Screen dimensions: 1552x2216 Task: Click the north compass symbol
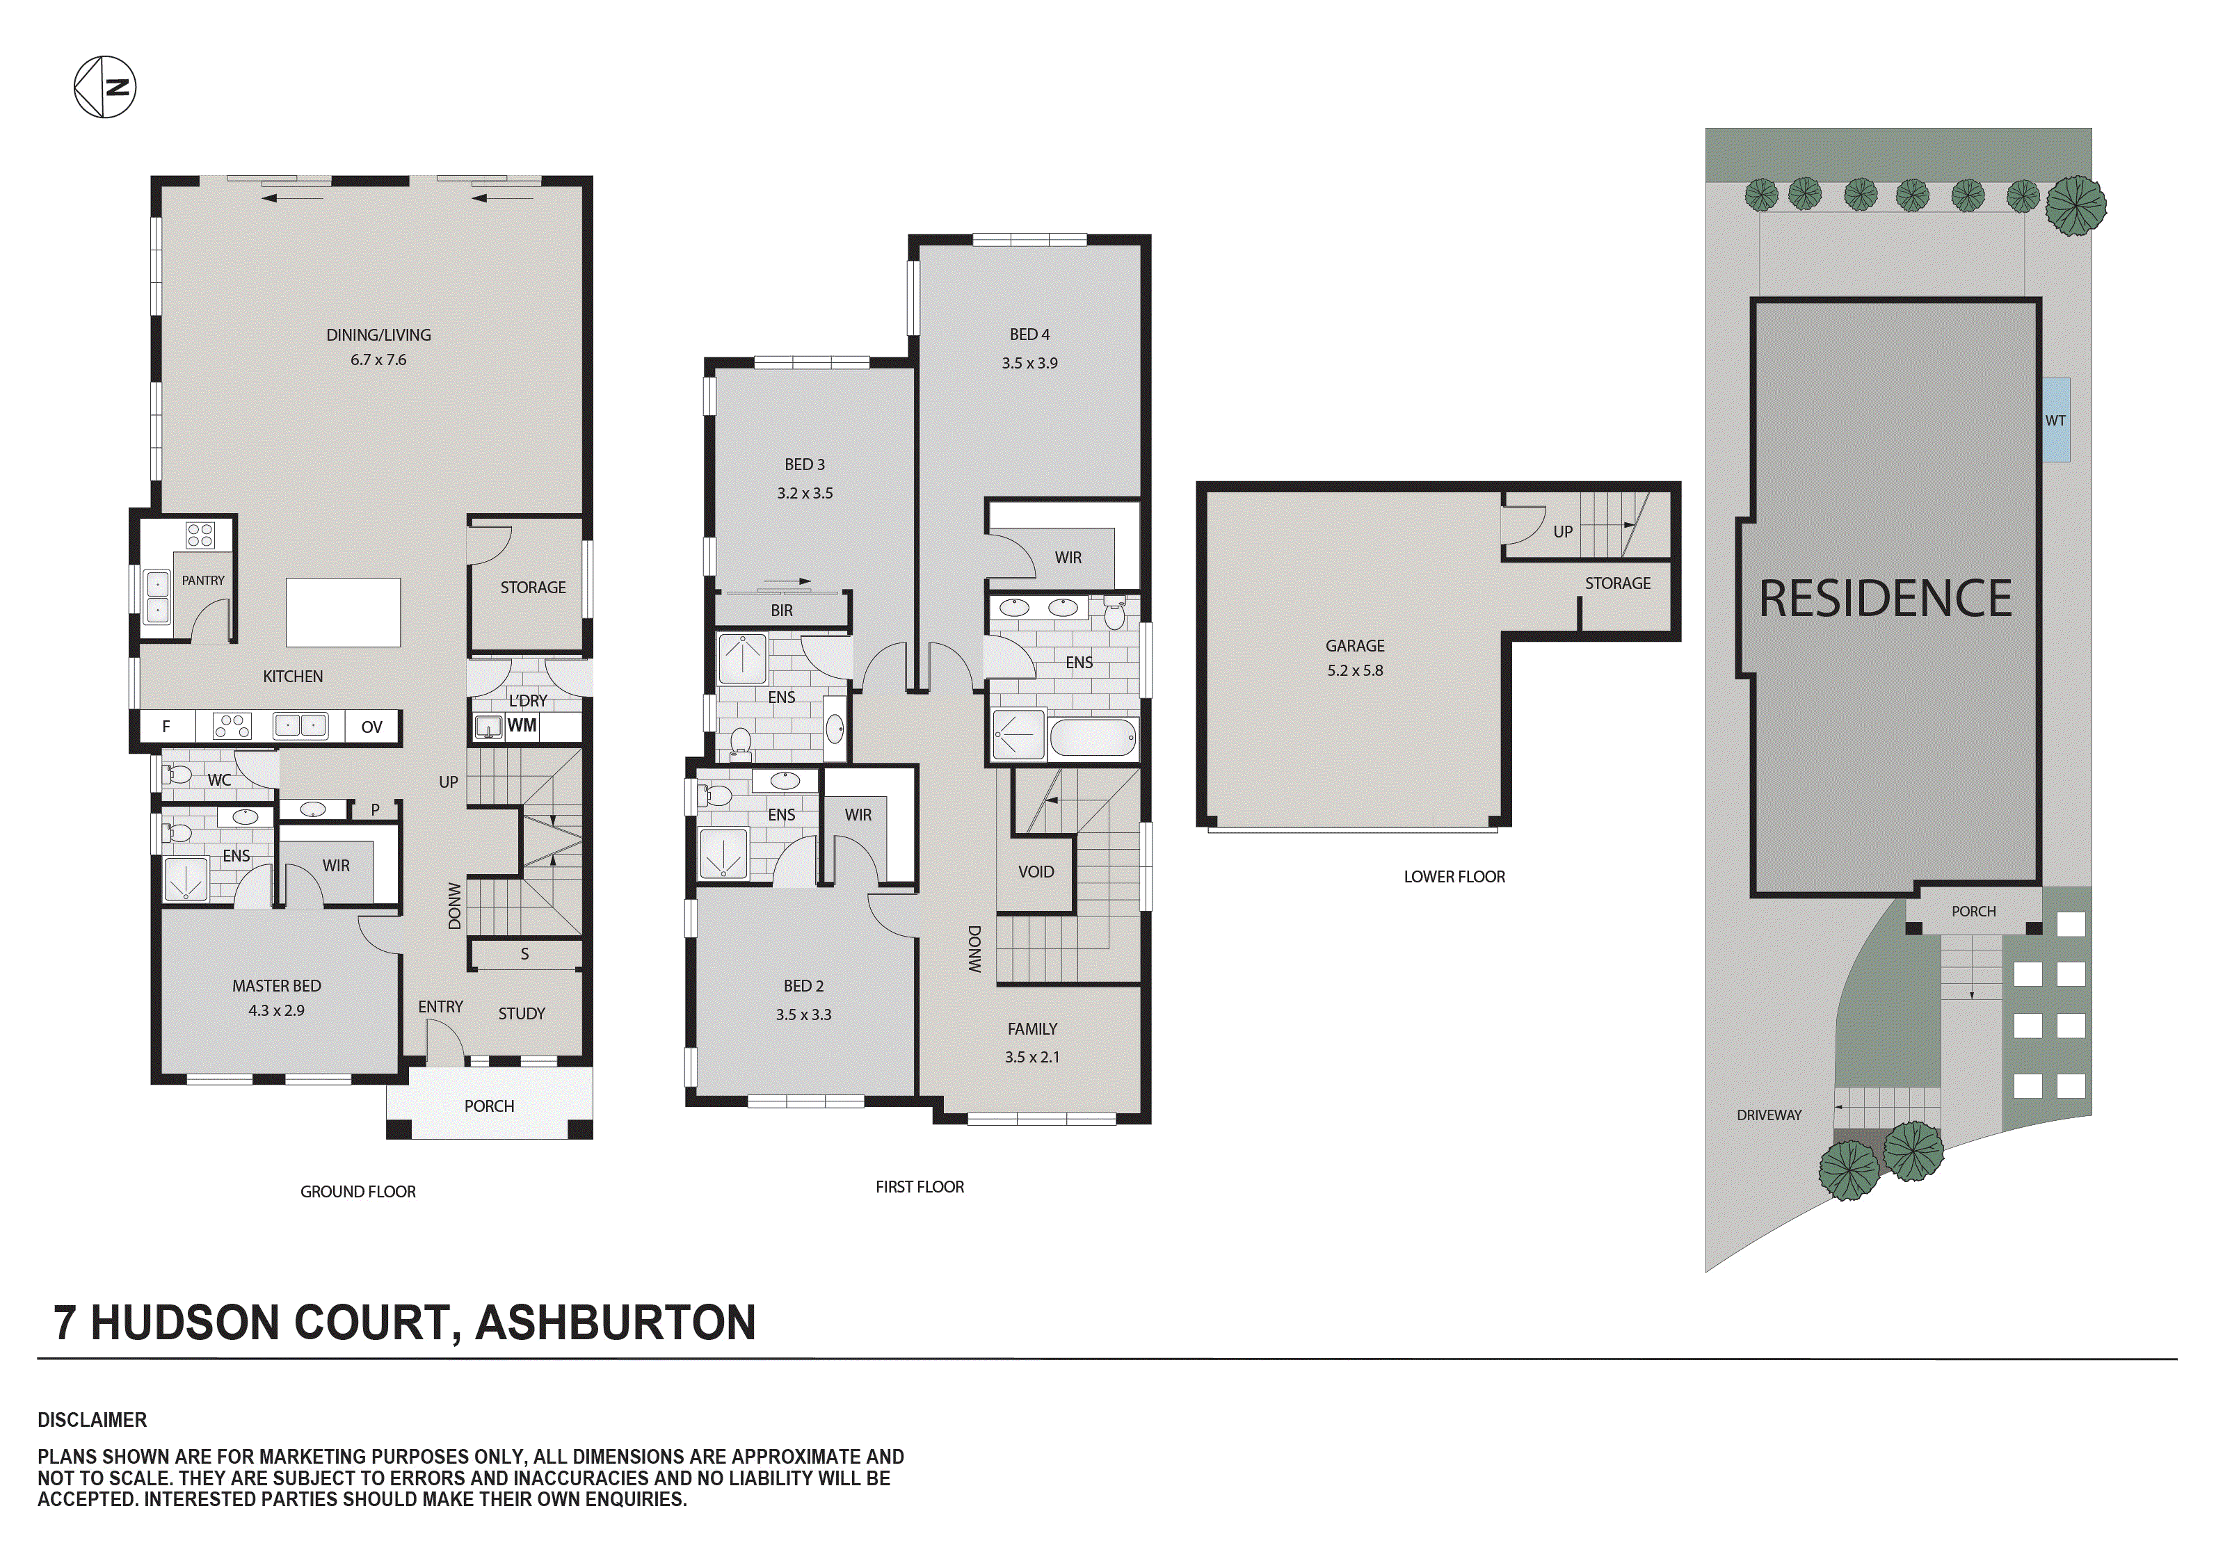pos(105,87)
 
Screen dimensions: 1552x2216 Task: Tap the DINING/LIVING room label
pos(378,335)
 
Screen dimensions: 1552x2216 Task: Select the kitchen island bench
pos(343,612)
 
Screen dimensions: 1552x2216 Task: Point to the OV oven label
pos(371,727)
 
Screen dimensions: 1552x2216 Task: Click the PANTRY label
pos(202,580)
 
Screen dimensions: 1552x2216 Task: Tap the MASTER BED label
pos(276,985)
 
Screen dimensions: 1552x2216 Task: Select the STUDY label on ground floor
pos(521,1013)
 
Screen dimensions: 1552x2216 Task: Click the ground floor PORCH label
pos(490,1106)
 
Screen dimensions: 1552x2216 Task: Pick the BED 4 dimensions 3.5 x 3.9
pos(1030,363)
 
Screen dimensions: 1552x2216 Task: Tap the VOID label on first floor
pos(1036,871)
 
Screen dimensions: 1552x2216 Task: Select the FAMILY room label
pos(1031,1029)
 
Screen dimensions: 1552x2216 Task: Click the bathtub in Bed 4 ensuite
pos(1093,738)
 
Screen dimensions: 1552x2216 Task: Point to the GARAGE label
pos(1354,646)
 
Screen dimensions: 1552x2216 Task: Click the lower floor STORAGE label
pos(1618,583)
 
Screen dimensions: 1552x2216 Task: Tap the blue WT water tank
pos(2056,420)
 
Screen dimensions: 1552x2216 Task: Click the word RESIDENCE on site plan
pos(1885,599)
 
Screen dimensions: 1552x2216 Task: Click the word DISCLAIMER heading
pos(93,1420)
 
